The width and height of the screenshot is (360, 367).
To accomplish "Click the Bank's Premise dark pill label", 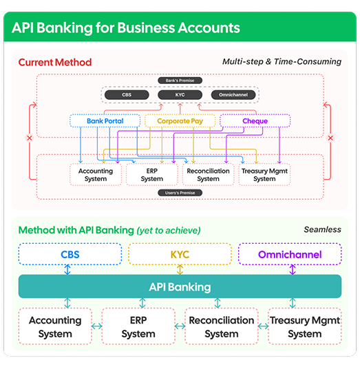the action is click(x=180, y=81).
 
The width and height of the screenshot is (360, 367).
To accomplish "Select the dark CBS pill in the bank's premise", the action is click(x=127, y=95).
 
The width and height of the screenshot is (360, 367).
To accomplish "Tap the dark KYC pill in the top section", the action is click(x=180, y=95).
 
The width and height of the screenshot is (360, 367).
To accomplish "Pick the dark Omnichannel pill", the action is click(x=233, y=95).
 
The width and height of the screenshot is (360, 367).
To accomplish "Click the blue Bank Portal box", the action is click(x=105, y=120).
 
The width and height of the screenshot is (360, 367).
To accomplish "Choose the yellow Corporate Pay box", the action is click(x=180, y=120).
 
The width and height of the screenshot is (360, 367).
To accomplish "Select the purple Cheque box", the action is click(x=255, y=120).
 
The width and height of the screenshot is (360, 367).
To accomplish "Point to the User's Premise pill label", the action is click(x=180, y=193).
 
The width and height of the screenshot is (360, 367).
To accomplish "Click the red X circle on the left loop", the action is click(x=30, y=138).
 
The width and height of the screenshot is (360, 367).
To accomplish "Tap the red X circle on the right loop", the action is click(x=330, y=138).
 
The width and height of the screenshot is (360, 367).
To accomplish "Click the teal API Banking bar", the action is click(x=180, y=286).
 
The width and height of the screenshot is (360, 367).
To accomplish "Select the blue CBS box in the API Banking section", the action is click(x=70, y=254).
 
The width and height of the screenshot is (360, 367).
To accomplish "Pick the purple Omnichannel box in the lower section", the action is click(x=290, y=254).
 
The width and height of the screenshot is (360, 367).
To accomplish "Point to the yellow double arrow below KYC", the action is click(x=180, y=270).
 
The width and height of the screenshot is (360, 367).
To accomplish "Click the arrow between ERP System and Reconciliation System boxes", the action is click(x=180, y=326).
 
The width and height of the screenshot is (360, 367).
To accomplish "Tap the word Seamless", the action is click(x=322, y=229).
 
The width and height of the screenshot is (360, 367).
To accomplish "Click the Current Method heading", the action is click(x=55, y=62).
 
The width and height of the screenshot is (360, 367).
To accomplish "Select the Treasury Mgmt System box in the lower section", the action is click(x=305, y=326).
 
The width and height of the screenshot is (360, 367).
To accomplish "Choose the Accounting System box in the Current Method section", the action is click(x=96, y=175).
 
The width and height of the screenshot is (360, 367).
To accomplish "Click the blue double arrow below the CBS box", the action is click(x=67, y=270).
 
